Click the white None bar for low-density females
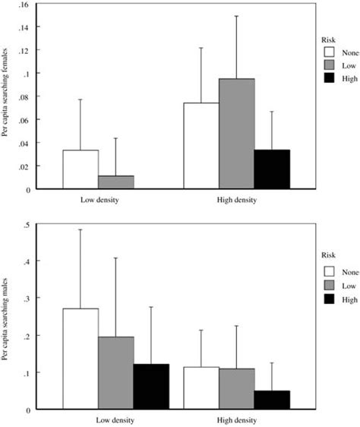[80, 169]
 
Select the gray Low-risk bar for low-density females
[115, 182]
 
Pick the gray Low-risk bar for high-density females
[236, 133]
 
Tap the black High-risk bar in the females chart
[272, 169]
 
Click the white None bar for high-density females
[201, 145]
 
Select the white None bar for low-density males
[80, 359]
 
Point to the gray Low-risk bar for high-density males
[236, 388]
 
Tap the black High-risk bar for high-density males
[272, 400]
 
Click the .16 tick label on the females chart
[24, 5]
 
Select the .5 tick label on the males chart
[26, 224]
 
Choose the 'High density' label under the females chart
[235, 201]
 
